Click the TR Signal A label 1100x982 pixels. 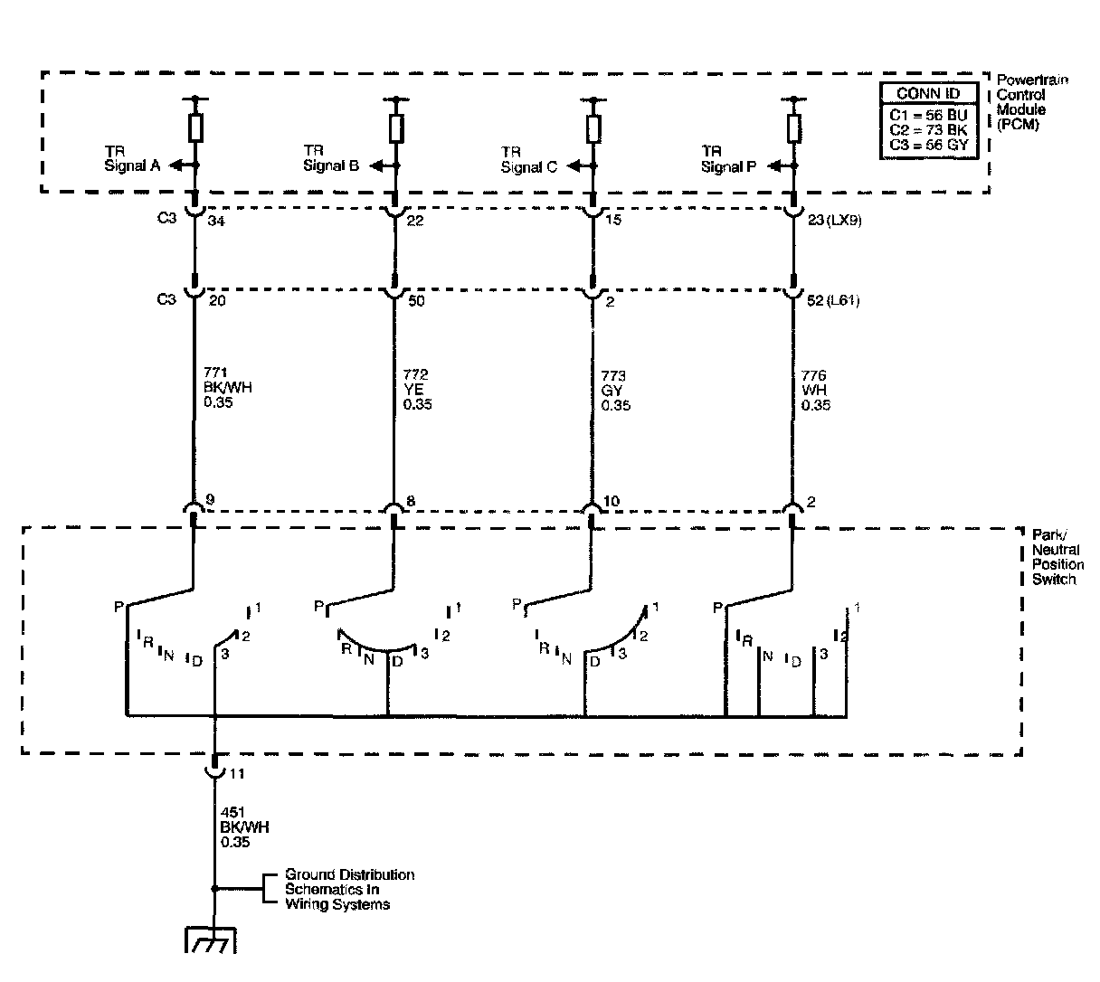132,158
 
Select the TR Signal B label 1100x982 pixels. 331,158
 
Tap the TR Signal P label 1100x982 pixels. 729,159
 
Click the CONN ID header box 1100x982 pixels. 929,94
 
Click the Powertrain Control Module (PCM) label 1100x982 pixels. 1031,102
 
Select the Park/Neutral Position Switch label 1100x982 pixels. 1057,557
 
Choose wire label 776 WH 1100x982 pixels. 815,390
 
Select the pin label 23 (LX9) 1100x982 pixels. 829,218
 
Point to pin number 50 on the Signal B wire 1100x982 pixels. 416,300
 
